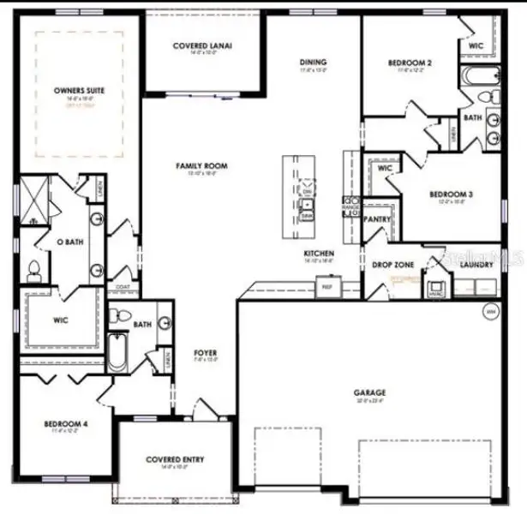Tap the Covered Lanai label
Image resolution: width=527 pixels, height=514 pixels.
tap(202, 46)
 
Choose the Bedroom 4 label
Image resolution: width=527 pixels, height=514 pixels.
tap(66, 423)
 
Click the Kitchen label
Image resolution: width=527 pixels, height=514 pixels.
tap(319, 254)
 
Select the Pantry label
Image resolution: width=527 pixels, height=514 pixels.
tap(377, 219)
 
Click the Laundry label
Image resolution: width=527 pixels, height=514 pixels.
tap(476, 266)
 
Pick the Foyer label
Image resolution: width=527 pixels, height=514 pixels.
tap(205, 353)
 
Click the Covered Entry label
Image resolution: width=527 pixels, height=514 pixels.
tap(175, 460)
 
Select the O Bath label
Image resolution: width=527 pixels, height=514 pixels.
tap(68, 242)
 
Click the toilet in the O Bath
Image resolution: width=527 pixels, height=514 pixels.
tap(33, 272)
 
